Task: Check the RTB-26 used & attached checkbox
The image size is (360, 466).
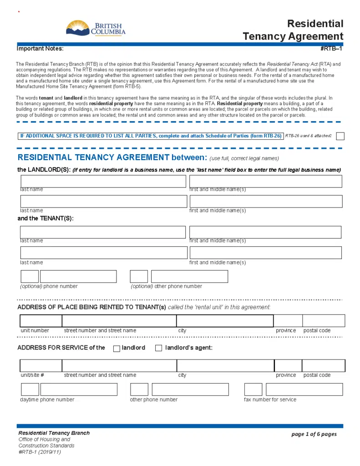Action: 340,136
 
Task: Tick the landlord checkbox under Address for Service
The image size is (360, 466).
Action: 117,349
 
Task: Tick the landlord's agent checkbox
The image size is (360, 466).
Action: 158,349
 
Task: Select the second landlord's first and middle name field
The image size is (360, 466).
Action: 266,202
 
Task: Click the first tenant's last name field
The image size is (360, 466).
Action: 103,232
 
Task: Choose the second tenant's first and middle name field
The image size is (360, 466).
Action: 266,253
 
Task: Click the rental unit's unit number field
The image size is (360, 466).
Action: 41,321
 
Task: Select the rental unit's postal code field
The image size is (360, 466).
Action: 324,321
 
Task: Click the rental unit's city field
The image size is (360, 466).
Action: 225,321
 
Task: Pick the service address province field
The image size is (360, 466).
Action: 288,365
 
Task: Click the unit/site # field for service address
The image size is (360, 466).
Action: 41,365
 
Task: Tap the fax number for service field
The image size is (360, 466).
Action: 304,390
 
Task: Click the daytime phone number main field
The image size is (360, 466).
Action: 79,390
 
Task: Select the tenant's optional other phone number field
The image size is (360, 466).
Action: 189,276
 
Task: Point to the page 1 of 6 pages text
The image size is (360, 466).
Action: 314,434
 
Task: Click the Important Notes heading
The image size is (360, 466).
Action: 40,49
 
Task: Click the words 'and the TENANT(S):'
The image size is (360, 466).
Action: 46,218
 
